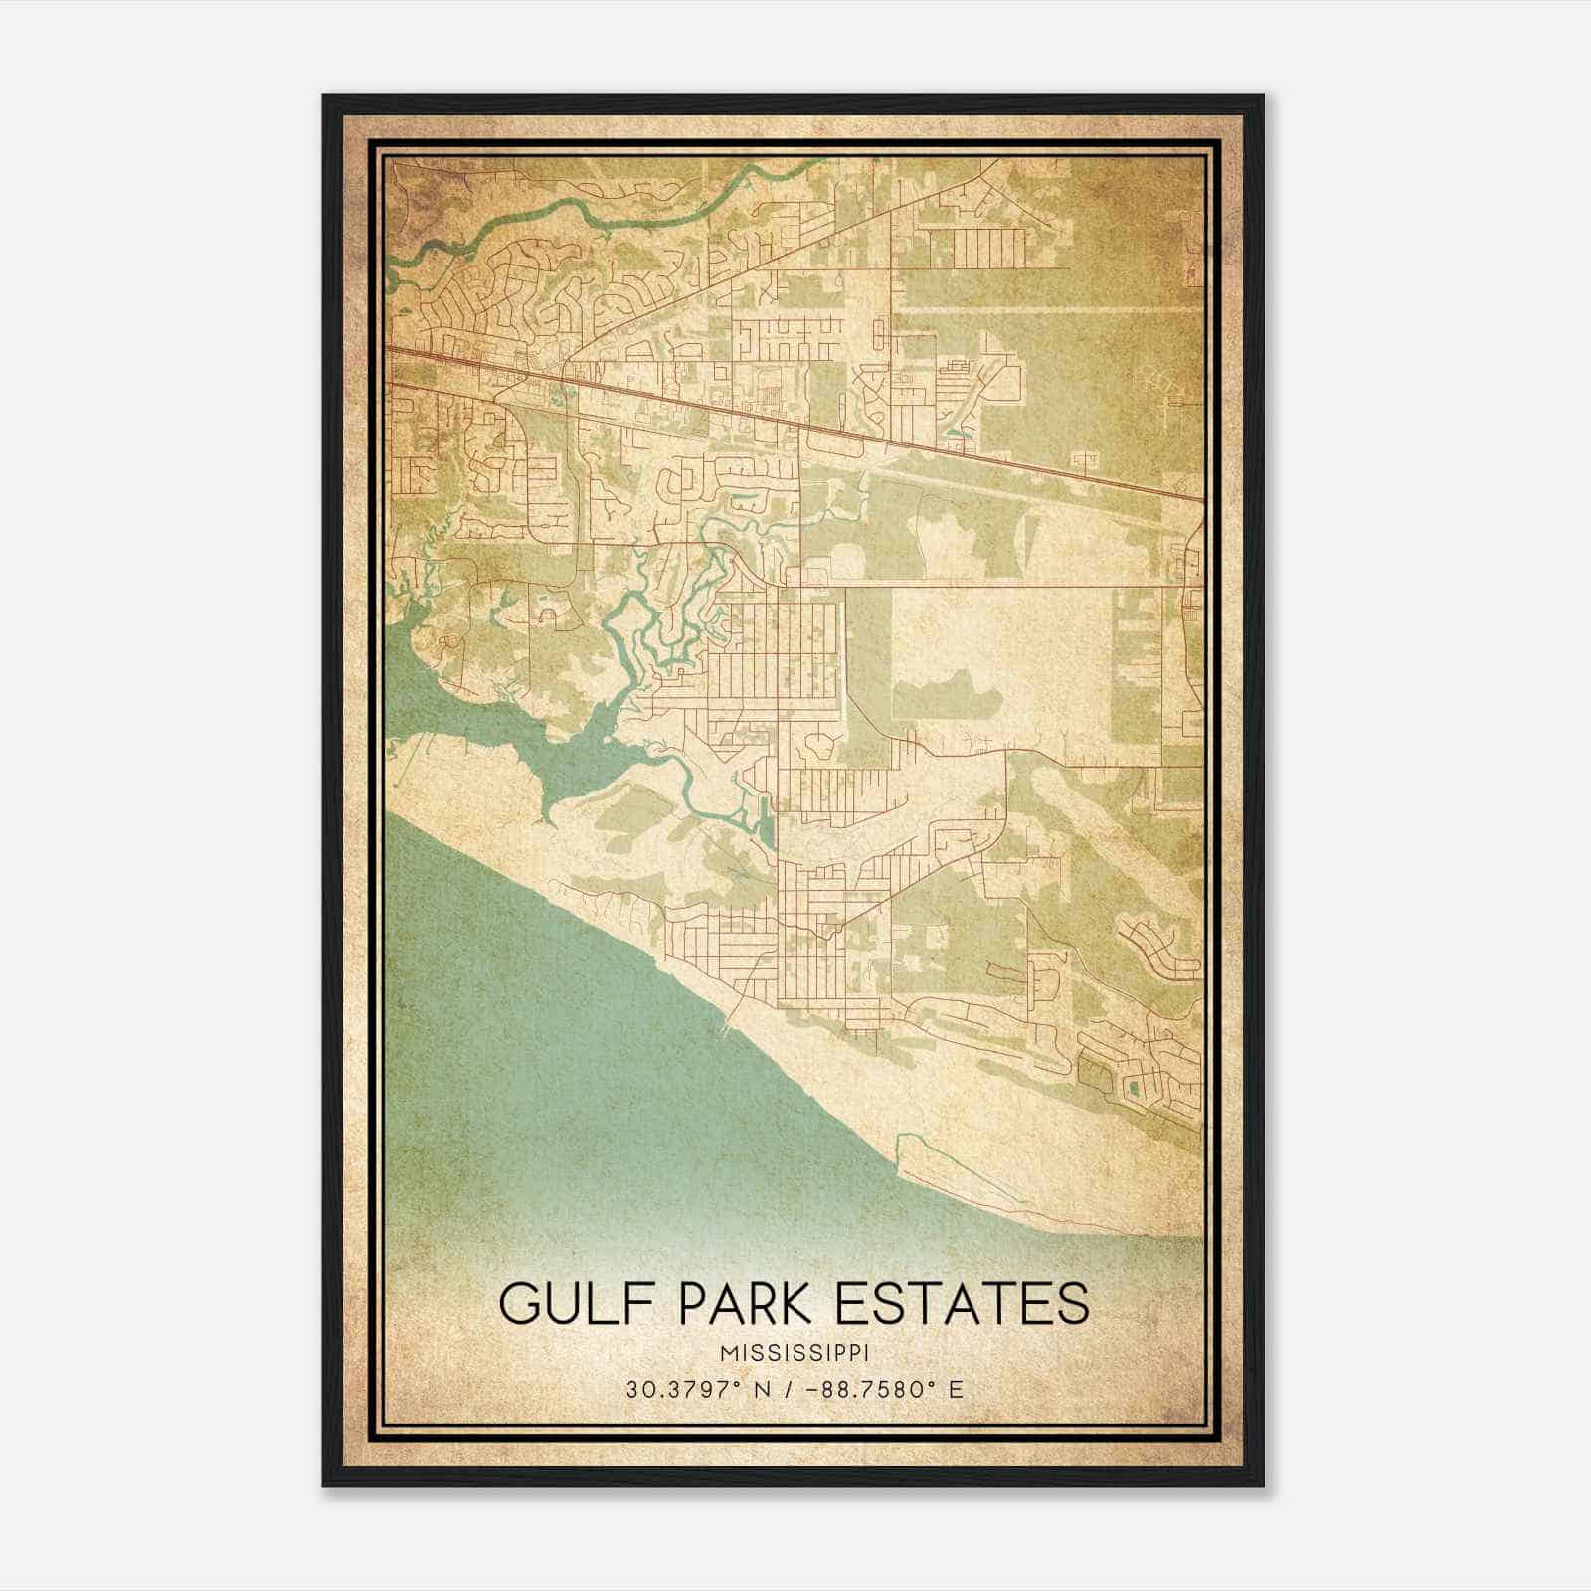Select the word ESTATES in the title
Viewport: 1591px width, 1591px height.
pos(962,1303)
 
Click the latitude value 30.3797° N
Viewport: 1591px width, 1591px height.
pos(697,1389)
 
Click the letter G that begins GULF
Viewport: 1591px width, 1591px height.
pos(521,1303)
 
